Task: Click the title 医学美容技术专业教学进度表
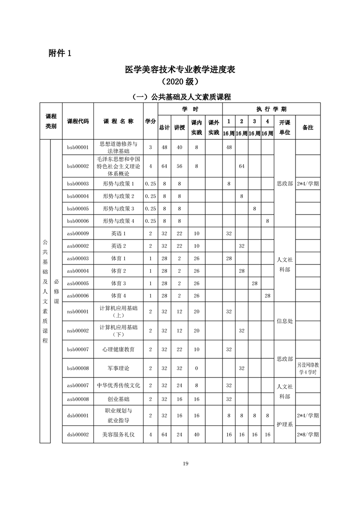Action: [180, 70]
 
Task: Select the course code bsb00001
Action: [78, 147]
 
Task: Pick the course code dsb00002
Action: [78, 434]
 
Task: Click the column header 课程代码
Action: [78, 121]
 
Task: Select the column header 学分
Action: [150, 121]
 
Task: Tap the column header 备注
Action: [308, 127]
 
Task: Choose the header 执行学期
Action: [271, 109]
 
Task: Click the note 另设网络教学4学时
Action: [308, 368]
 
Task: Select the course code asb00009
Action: [78, 233]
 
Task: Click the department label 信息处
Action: [285, 321]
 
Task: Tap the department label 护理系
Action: [285, 424]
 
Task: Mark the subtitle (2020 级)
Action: [180, 82]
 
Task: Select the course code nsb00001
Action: [78, 311]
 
